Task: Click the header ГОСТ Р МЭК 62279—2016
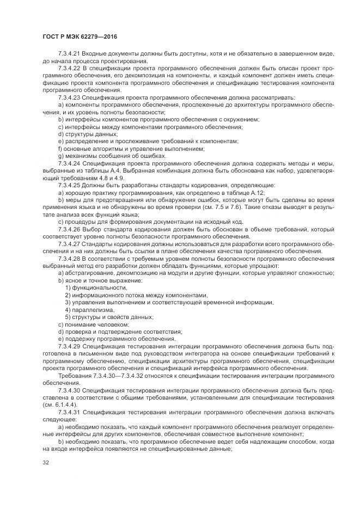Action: tap(80, 36)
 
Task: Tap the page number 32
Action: tap(46, 463)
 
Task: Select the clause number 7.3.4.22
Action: tap(69, 69)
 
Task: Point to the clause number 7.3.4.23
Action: tap(69, 97)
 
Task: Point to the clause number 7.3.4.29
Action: tap(69, 347)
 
